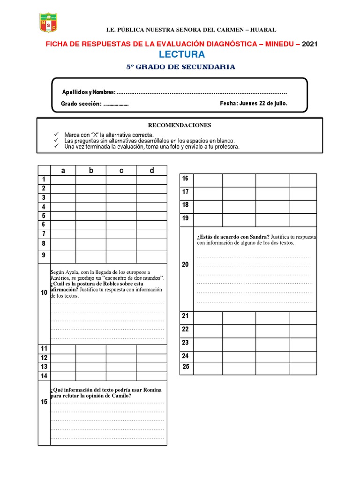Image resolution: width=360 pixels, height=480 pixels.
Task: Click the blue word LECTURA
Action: point(180,55)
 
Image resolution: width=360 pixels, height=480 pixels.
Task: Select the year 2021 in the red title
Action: point(310,44)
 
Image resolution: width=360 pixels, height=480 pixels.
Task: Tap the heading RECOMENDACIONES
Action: point(180,125)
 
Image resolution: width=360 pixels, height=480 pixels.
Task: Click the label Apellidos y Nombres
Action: point(89,92)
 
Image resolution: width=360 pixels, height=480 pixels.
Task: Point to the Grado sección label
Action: point(81,104)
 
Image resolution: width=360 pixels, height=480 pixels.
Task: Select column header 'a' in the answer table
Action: point(63,171)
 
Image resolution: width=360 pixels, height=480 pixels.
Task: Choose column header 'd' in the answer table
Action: point(151,171)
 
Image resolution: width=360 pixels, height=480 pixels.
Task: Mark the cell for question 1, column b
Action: point(91,180)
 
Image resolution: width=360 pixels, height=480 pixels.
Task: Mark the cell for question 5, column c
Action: point(121,216)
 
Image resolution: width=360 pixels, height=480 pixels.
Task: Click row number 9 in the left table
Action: point(44,255)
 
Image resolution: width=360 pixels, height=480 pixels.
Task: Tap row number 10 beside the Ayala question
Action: point(44,293)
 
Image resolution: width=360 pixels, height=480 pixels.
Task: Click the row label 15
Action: point(44,402)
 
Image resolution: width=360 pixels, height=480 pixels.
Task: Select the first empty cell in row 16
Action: point(207,180)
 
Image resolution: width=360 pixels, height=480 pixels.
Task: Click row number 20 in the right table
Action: point(185,265)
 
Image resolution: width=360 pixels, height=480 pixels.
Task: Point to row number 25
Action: point(185,367)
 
